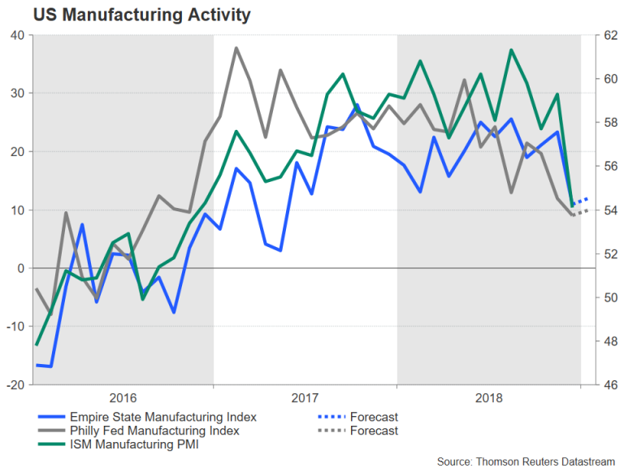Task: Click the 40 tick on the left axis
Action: tap(17, 35)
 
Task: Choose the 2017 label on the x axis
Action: tap(305, 398)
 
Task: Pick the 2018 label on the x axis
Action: tap(488, 398)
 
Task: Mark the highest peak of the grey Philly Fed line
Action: tap(236, 48)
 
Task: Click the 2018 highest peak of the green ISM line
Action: tap(511, 50)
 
